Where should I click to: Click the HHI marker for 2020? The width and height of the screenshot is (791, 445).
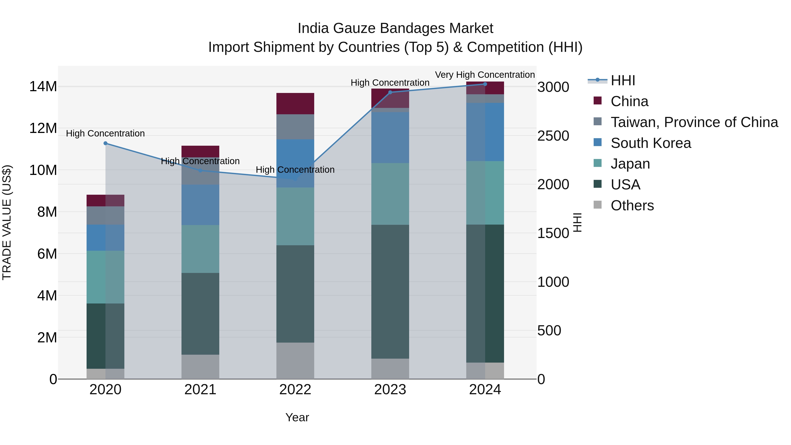[105, 143]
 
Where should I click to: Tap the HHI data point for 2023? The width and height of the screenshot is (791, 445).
[390, 92]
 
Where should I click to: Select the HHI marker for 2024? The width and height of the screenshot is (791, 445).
[485, 84]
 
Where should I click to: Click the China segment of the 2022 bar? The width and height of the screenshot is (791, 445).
[295, 104]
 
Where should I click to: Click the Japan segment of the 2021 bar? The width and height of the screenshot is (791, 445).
[200, 249]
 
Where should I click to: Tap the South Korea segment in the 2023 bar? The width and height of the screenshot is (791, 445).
[390, 137]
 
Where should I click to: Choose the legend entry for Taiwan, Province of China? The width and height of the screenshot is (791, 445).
[694, 122]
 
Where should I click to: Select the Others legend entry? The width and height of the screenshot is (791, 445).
[632, 205]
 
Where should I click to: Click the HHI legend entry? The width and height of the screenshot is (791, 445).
[622, 80]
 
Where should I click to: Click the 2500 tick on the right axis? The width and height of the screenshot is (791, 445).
[553, 136]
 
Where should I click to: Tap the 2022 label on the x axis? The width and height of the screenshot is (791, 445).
[295, 390]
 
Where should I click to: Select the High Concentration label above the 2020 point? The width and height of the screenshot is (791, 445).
[105, 134]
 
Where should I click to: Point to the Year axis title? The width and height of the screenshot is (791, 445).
[297, 417]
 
